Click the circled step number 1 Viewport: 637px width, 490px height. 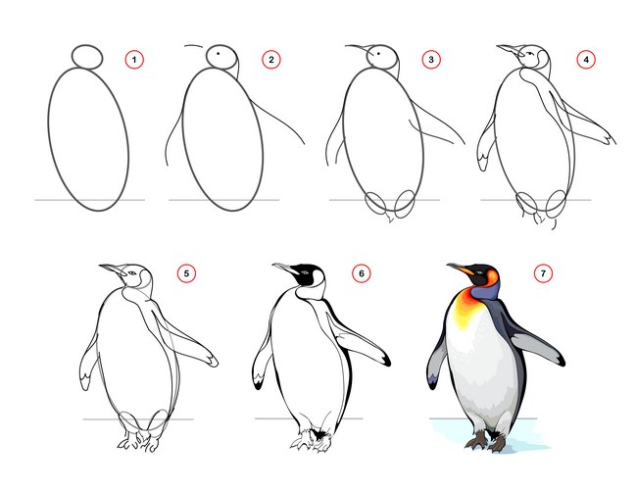click(x=134, y=60)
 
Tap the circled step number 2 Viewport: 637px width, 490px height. click(x=270, y=60)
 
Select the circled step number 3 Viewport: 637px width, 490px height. click(x=431, y=60)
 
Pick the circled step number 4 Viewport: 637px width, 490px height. click(x=586, y=60)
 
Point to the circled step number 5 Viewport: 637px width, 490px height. click(x=186, y=273)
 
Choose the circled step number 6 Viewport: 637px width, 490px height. click(x=362, y=273)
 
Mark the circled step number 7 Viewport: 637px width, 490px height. click(x=543, y=273)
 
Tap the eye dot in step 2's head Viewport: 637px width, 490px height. click(x=219, y=53)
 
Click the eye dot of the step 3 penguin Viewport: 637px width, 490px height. click(x=378, y=53)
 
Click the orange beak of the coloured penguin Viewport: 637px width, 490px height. click(x=462, y=269)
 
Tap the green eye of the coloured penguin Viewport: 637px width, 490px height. click(x=480, y=272)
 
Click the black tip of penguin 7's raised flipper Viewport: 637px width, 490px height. click(x=561, y=361)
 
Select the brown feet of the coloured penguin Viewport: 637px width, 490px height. click(x=486, y=441)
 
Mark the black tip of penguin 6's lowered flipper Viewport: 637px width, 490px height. click(x=259, y=384)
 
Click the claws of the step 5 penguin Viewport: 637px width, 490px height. click(x=138, y=441)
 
